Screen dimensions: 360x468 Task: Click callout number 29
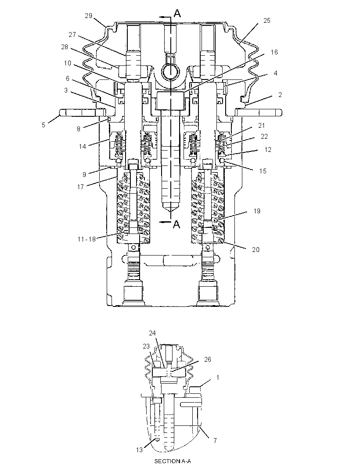tap(89, 16)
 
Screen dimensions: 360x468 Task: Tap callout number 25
tap(267, 20)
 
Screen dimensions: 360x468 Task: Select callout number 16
tap(274, 52)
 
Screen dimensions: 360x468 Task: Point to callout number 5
tap(43, 125)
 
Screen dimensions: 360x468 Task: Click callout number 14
tap(83, 146)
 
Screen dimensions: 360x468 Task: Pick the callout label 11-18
tap(86, 239)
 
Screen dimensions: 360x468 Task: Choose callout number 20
tap(256, 249)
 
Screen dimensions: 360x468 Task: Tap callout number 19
tap(257, 211)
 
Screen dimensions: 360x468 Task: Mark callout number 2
tap(280, 95)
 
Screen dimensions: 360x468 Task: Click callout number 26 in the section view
tap(208, 360)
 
